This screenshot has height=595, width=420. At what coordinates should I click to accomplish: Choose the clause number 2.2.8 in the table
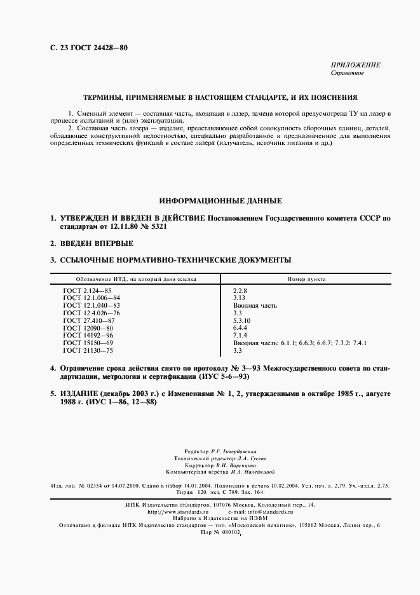(241, 290)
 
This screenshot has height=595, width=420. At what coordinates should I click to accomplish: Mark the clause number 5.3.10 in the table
(243, 320)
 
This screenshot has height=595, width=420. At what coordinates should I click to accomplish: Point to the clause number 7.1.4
(241, 335)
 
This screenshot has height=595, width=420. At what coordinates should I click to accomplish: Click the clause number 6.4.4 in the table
(241, 328)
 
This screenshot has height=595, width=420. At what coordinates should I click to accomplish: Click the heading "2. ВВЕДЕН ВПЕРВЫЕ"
(92, 243)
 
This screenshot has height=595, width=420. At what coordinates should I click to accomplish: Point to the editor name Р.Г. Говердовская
(228, 449)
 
